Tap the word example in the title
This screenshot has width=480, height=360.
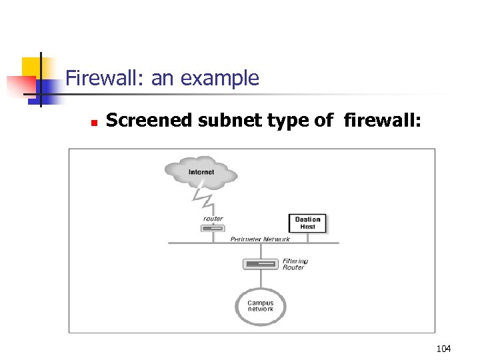click(x=224, y=79)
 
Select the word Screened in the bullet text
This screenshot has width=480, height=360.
click(x=141, y=120)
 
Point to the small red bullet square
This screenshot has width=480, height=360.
click(x=94, y=123)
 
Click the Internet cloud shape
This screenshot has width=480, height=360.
click(x=201, y=172)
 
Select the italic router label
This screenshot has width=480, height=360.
click(x=213, y=218)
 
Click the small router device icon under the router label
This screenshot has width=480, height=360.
click(x=212, y=229)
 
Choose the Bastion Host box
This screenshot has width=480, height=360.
click(x=307, y=223)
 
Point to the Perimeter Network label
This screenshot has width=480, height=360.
click(x=260, y=239)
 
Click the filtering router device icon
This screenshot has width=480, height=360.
click(x=259, y=264)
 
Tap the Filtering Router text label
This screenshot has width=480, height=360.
click(x=295, y=264)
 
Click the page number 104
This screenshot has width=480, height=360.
click(x=443, y=349)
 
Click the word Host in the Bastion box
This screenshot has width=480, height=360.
click(x=307, y=227)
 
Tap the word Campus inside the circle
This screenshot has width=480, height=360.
click(x=261, y=303)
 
